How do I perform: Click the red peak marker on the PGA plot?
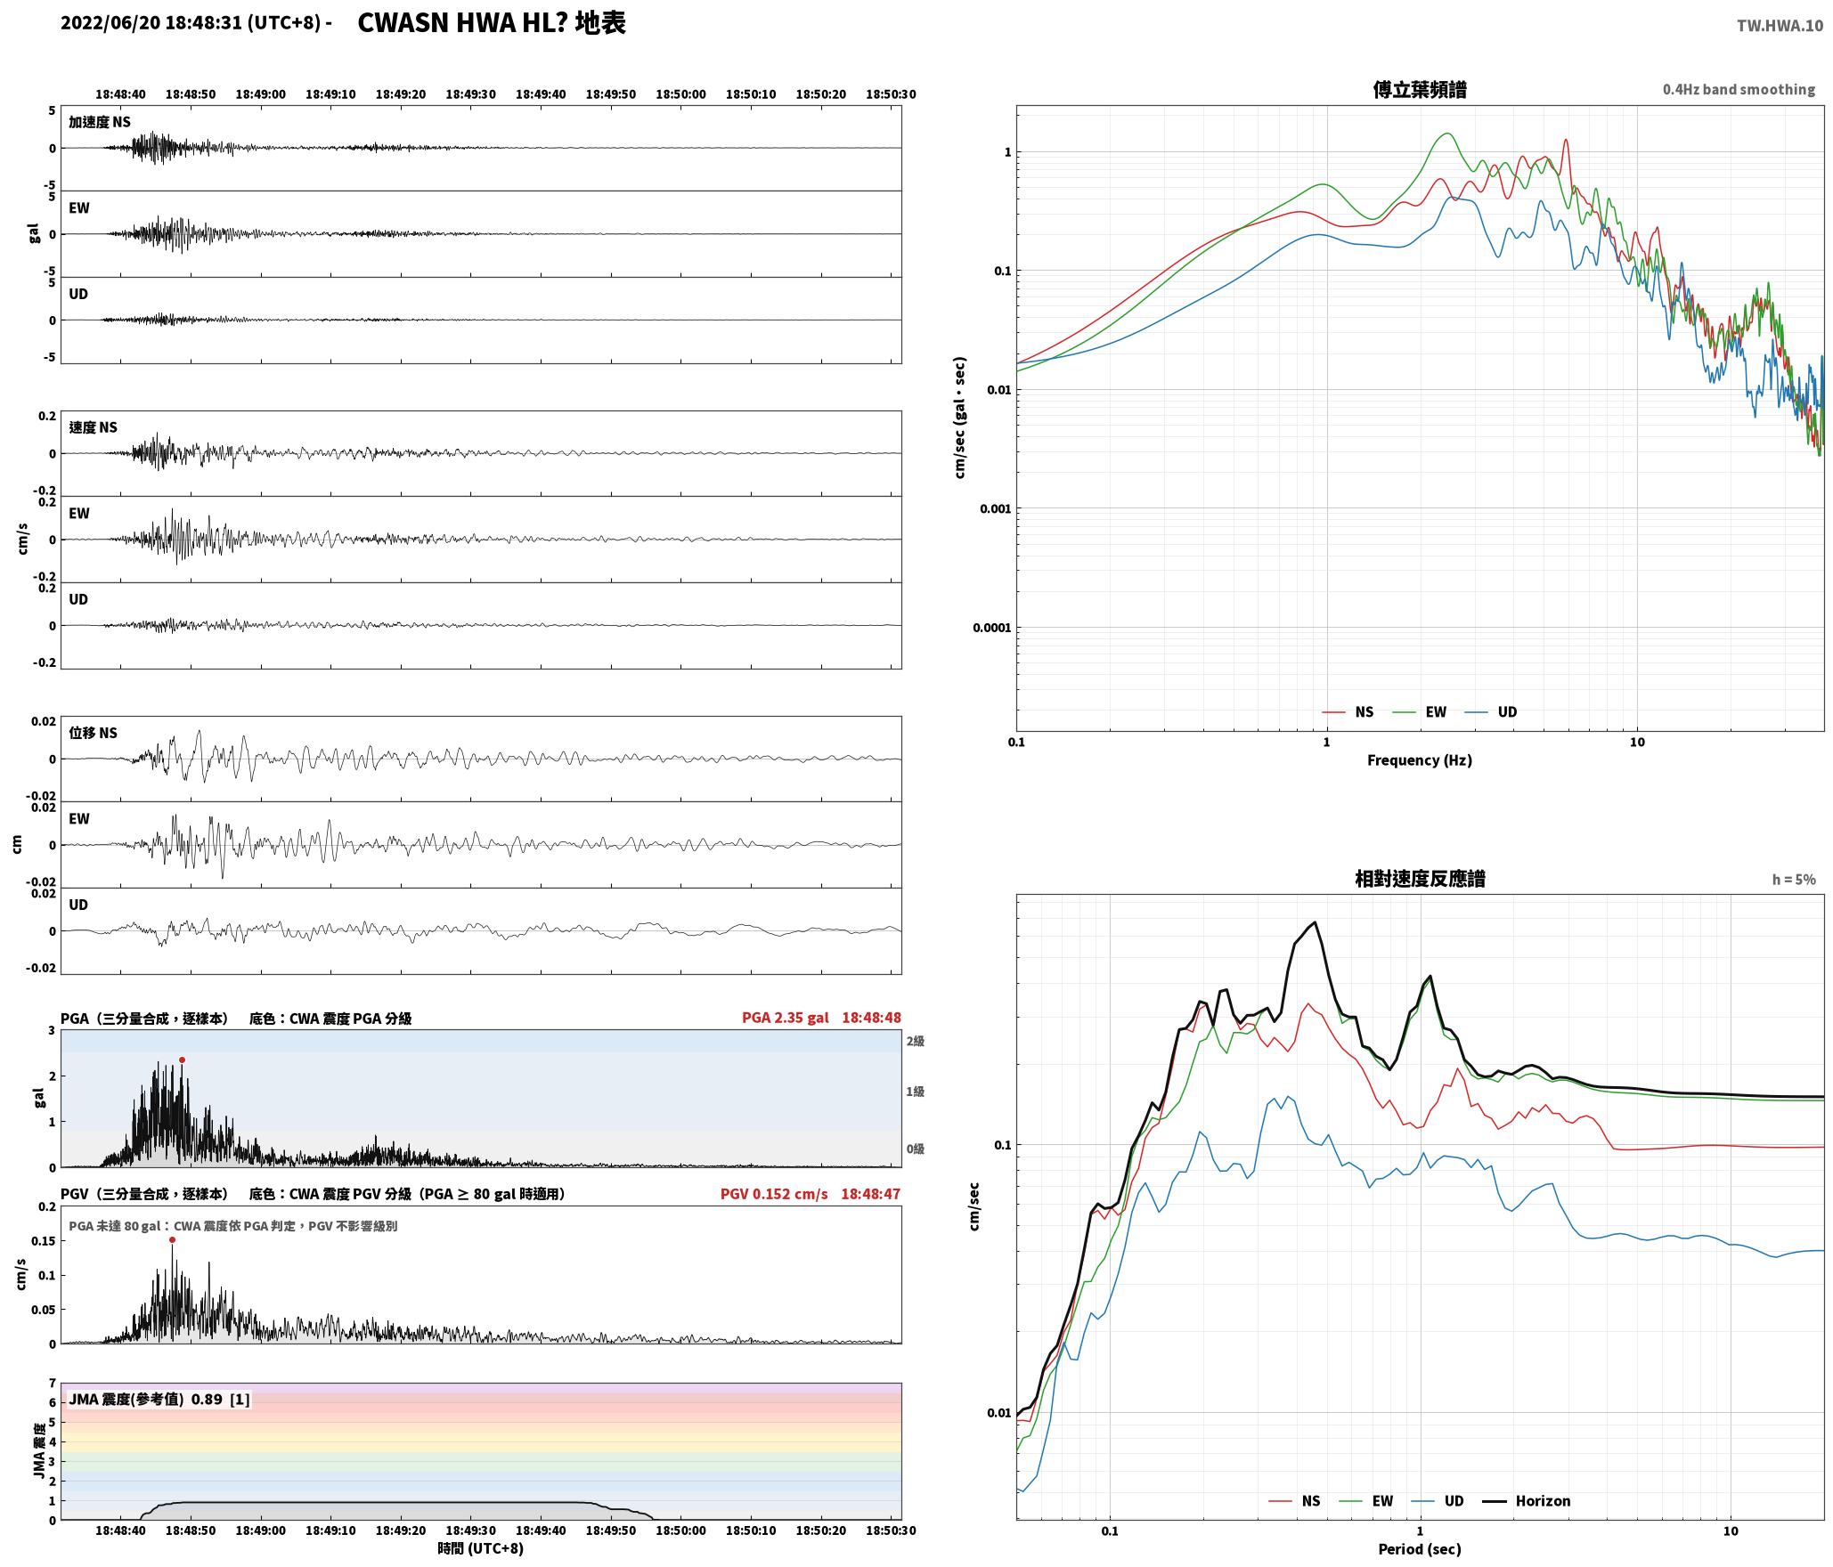(x=182, y=1060)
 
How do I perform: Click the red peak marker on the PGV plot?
(x=172, y=1239)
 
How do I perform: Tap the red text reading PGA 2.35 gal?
(x=785, y=1018)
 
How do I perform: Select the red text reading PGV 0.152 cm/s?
(x=774, y=1193)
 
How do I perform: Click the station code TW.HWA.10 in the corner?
(x=1780, y=26)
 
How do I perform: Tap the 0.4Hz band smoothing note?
(x=1739, y=90)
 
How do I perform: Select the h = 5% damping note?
(x=1793, y=880)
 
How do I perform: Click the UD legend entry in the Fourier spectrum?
(x=1491, y=712)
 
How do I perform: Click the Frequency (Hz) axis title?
(x=1420, y=760)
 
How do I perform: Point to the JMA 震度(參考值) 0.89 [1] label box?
(x=159, y=1400)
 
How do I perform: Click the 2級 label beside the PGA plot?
(x=915, y=1042)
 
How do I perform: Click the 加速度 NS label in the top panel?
(x=100, y=122)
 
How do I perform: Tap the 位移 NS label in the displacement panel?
(x=94, y=733)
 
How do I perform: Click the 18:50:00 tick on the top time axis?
(x=680, y=94)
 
